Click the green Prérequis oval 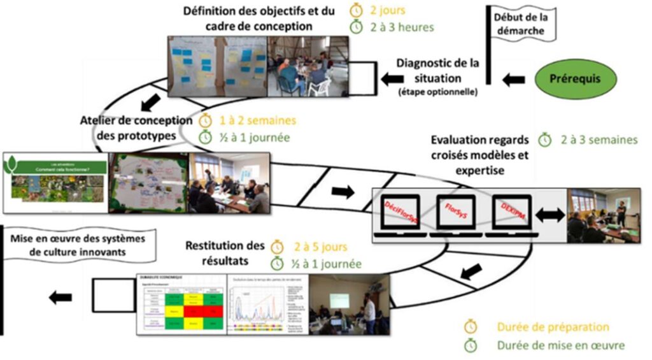575,80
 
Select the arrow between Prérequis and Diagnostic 513,80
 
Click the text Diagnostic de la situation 437,72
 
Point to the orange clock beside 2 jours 357,10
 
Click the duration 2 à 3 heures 402,27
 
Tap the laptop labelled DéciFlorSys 400,213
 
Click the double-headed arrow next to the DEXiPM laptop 549,215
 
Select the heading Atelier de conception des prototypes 137,128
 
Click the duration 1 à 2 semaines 258,120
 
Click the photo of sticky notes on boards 217,66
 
